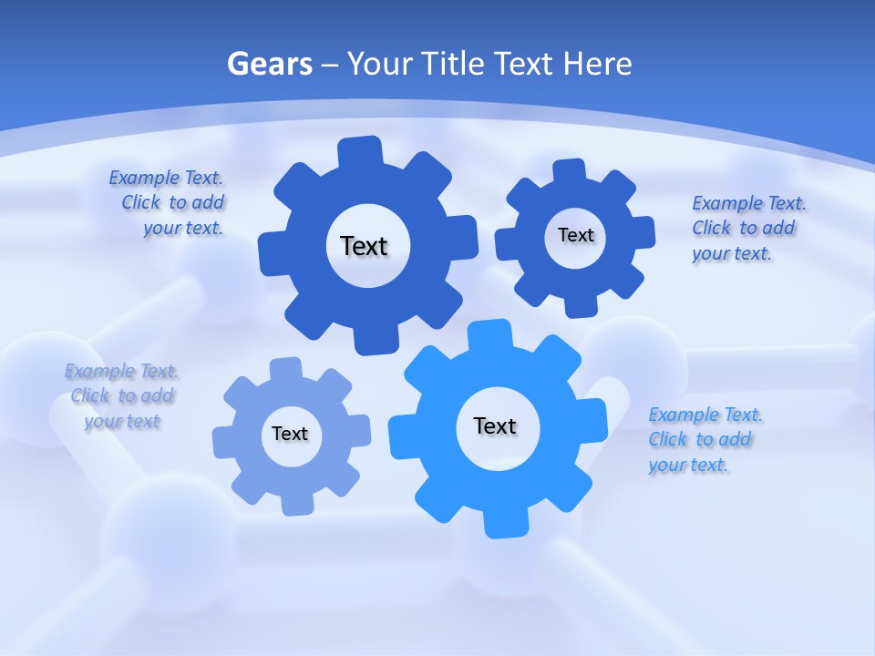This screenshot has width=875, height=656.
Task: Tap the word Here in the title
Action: coord(597,65)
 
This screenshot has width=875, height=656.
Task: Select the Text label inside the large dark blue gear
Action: coord(364,246)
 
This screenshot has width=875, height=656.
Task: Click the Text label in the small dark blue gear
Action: coord(575,235)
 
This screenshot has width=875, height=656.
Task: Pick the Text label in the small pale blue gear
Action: coord(290,434)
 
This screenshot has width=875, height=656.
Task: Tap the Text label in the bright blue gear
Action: coord(495,425)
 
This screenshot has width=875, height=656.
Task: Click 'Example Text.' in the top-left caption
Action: coord(166,178)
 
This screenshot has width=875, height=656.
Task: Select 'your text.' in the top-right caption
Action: coord(732,254)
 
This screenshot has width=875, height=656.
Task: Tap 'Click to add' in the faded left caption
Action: coord(122,396)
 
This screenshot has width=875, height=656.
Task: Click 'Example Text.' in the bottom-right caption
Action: coord(705,415)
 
